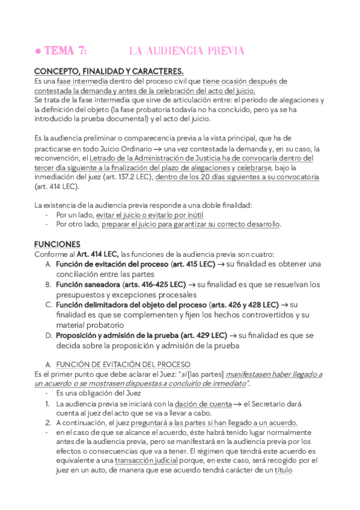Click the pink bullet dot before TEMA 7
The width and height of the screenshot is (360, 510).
38,51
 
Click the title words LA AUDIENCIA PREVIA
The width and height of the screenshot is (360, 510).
186,51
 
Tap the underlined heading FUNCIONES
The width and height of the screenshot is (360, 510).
57,245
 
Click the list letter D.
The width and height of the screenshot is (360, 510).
49,335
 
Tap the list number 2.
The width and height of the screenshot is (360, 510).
48,423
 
